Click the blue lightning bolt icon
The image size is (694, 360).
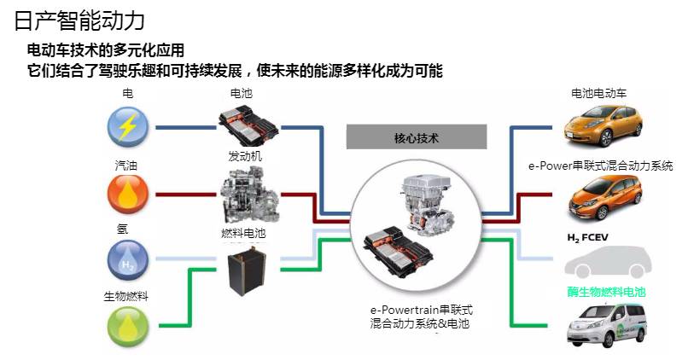[127, 128]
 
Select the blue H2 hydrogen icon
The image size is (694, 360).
[127, 260]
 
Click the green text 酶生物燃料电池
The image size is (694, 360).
[606, 292]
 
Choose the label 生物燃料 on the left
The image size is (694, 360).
[126, 297]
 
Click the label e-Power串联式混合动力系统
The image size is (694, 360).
[601, 166]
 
